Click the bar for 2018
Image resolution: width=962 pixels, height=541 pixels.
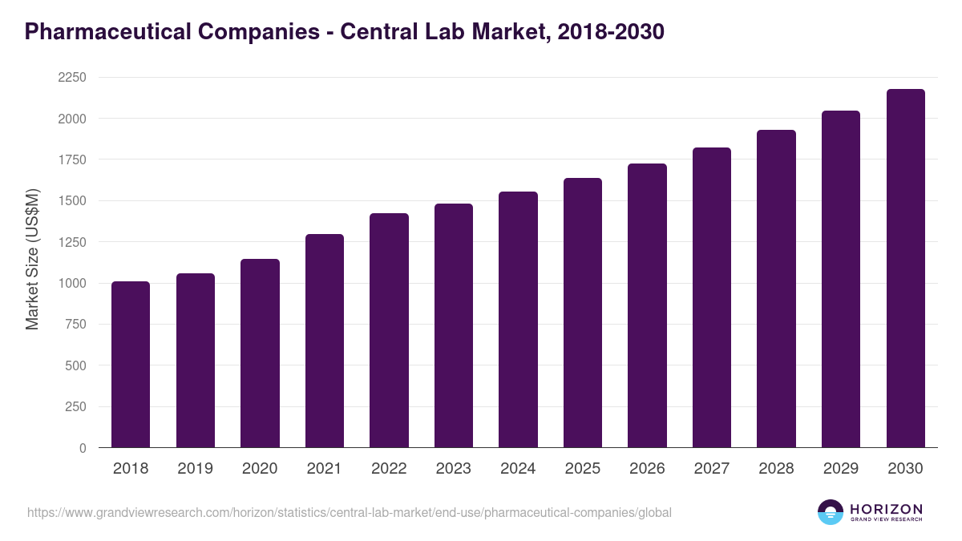[131, 365]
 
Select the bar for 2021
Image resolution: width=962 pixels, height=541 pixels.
[325, 341]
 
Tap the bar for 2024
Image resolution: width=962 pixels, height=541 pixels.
[518, 320]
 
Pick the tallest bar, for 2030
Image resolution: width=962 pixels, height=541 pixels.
[905, 268]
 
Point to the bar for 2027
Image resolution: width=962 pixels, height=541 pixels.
[712, 297]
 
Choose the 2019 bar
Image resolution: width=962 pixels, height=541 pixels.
[196, 361]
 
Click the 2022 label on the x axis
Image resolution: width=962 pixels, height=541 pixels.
[389, 469]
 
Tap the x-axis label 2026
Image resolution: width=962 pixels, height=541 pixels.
[647, 469]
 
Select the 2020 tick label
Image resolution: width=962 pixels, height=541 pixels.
[260, 469]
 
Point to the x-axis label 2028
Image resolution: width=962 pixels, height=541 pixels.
[776, 469]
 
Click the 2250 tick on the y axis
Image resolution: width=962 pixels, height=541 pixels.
[71, 78]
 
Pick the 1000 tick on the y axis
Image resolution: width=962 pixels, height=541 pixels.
[71, 284]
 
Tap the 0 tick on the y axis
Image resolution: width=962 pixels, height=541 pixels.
[83, 449]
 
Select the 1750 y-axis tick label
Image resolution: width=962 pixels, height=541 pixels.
[71, 160]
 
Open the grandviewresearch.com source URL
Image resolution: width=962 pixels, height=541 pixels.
[350, 512]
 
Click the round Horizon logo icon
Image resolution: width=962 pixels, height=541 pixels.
[831, 512]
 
